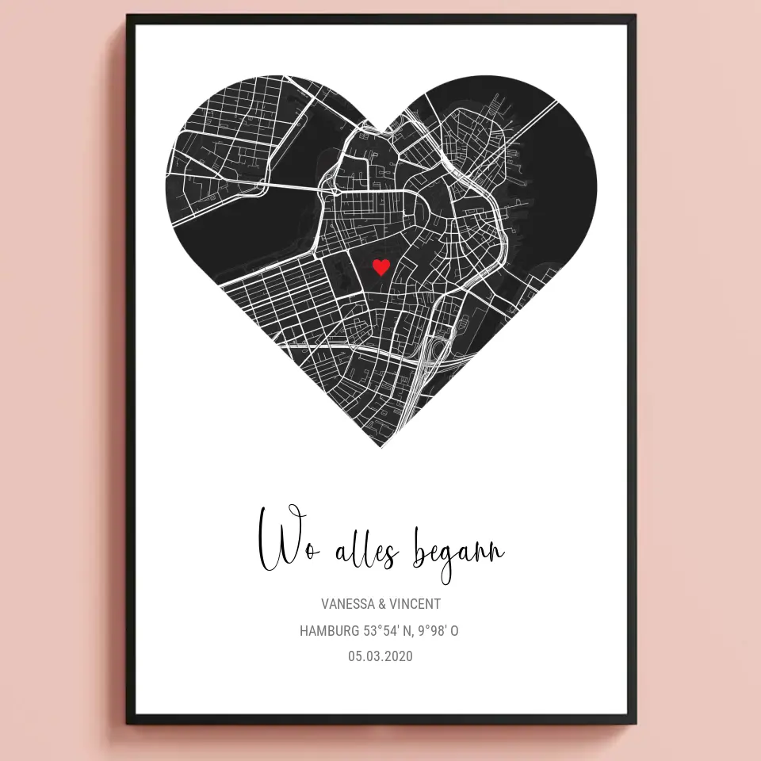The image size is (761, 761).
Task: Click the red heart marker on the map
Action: [x=381, y=267]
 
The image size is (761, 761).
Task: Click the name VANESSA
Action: [x=348, y=604]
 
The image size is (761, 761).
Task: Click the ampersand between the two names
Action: [x=383, y=604]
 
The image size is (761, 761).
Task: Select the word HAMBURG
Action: [x=329, y=631]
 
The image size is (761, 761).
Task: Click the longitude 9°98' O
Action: [x=442, y=631]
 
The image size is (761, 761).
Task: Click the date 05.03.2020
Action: [x=380, y=656]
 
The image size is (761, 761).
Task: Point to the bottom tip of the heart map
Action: [x=381, y=447]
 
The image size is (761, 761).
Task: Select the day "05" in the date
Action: [x=355, y=656]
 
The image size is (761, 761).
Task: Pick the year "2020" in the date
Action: [x=400, y=656]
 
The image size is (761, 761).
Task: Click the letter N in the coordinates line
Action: [x=410, y=631]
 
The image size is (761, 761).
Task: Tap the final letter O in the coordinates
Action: [x=454, y=631]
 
